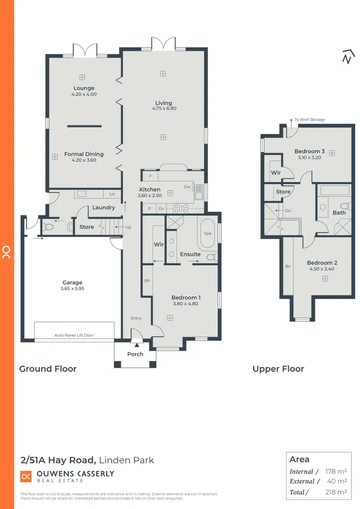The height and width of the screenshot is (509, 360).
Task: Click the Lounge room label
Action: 84,88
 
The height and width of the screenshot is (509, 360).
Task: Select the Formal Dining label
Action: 84,154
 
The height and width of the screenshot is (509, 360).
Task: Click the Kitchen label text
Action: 150,189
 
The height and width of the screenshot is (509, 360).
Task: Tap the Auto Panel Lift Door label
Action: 74,335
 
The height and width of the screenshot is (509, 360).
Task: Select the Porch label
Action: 135,355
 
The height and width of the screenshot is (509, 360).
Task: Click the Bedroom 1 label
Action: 186,297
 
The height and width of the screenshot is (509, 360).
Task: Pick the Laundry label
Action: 104,208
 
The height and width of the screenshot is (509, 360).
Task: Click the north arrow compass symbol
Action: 347,57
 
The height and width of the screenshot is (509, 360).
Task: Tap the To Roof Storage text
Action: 310,119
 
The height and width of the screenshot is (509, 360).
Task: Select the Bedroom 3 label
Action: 309,152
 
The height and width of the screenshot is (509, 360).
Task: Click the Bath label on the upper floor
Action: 339,213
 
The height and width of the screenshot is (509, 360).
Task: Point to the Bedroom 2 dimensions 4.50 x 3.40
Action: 322,269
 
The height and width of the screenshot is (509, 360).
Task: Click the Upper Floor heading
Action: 278,369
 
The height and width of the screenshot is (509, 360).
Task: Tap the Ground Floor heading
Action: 48,369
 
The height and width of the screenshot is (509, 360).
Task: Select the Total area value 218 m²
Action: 336,492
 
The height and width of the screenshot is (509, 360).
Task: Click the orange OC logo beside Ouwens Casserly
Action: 26,476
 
